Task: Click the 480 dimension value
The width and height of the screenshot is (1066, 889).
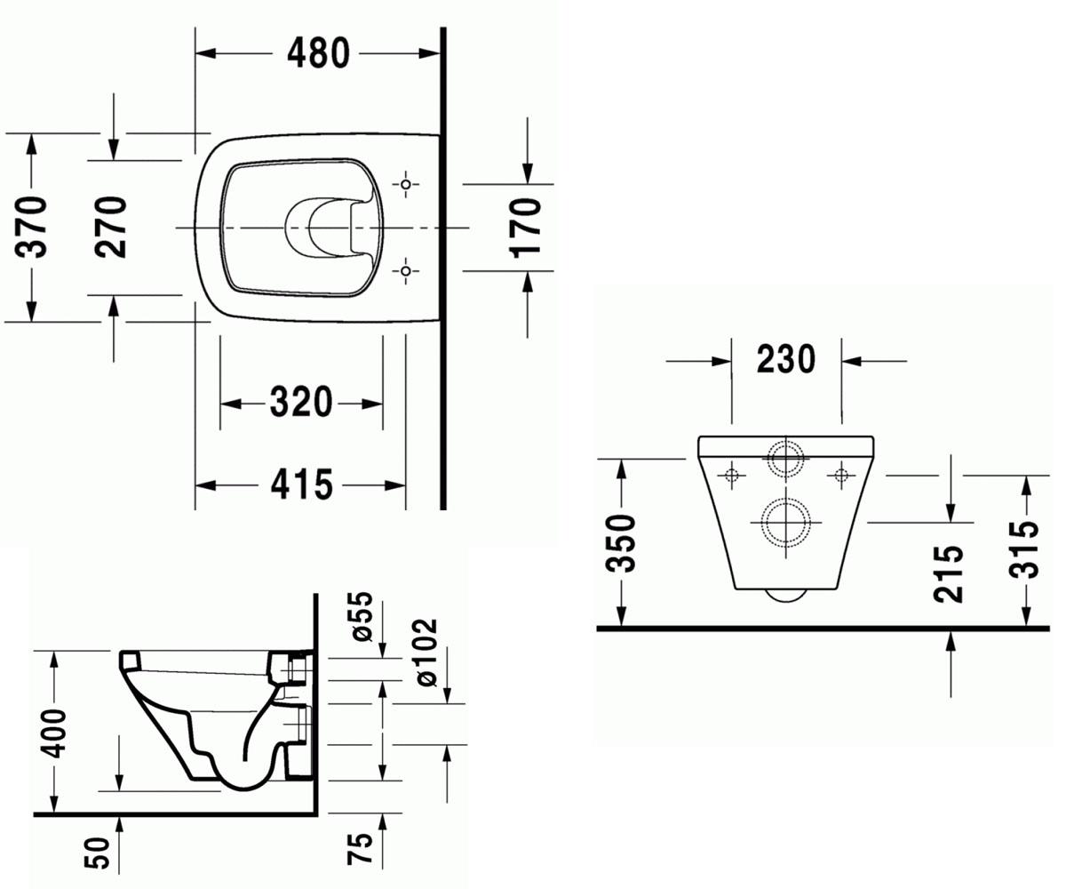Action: click(318, 53)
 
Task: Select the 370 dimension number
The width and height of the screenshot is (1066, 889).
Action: click(31, 227)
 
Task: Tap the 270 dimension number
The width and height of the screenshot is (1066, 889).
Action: click(110, 227)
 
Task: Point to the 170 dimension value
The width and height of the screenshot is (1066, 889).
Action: click(525, 228)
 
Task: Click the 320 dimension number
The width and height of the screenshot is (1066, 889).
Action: click(301, 402)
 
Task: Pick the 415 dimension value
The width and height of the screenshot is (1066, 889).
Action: click(301, 485)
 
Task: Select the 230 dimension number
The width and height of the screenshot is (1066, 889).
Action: click(785, 359)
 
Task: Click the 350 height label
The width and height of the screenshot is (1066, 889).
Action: click(620, 543)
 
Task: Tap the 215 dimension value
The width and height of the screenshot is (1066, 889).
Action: click(948, 573)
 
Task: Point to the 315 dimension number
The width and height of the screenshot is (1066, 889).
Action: click(1024, 549)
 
